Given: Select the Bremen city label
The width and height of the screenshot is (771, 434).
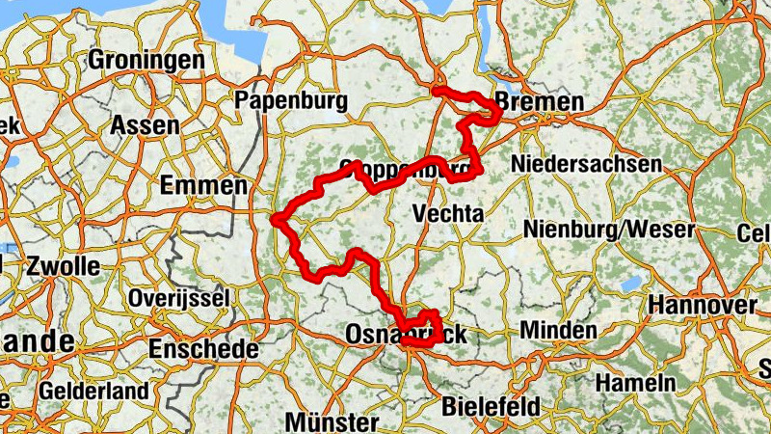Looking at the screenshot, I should point(539,103).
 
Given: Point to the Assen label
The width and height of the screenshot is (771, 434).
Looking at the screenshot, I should point(145,125).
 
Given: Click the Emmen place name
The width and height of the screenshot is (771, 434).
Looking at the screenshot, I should point(205,184).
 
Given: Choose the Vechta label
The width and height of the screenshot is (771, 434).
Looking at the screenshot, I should point(446,213).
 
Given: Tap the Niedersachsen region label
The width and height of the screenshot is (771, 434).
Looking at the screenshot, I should point(586,164).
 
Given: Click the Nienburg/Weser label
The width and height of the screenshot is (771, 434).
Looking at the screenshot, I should point(609,230).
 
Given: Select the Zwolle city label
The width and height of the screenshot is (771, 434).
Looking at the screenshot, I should point(64,265).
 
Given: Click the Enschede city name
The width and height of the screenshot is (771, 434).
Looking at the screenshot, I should point(203,347).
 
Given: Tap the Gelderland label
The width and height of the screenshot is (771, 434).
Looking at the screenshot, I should point(94,392).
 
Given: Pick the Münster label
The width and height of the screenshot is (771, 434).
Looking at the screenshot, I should point(332,422).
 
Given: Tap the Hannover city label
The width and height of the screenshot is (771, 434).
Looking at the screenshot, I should point(703,305).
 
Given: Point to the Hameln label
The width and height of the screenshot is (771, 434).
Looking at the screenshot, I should point(636,382).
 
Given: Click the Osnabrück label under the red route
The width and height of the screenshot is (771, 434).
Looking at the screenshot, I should point(405,335).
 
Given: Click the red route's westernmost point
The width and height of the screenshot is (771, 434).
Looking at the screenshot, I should point(276,220).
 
